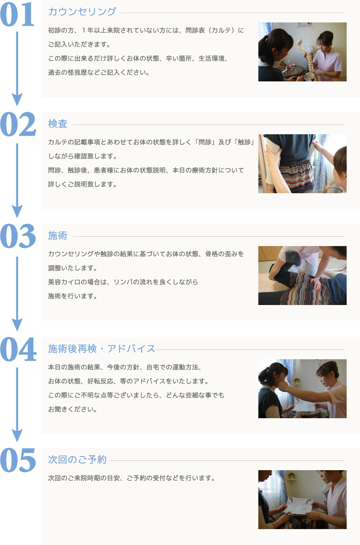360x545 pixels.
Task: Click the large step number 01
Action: (x=18, y=15)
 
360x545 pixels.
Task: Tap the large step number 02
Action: (x=18, y=125)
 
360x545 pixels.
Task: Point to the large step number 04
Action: (x=18, y=349)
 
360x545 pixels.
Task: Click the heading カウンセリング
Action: (x=82, y=12)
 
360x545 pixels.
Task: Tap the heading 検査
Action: (x=58, y=124)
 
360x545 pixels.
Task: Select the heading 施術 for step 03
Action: (x=58, y=236)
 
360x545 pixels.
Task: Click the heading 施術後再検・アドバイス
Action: (x=101, y=349)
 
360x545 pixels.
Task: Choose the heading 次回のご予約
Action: (x=78, y=460)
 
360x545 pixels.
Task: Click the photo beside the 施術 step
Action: (x=302, y=276)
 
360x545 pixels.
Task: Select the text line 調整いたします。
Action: (x=73, y=269)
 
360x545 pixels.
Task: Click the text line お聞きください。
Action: (x=73, y=409)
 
